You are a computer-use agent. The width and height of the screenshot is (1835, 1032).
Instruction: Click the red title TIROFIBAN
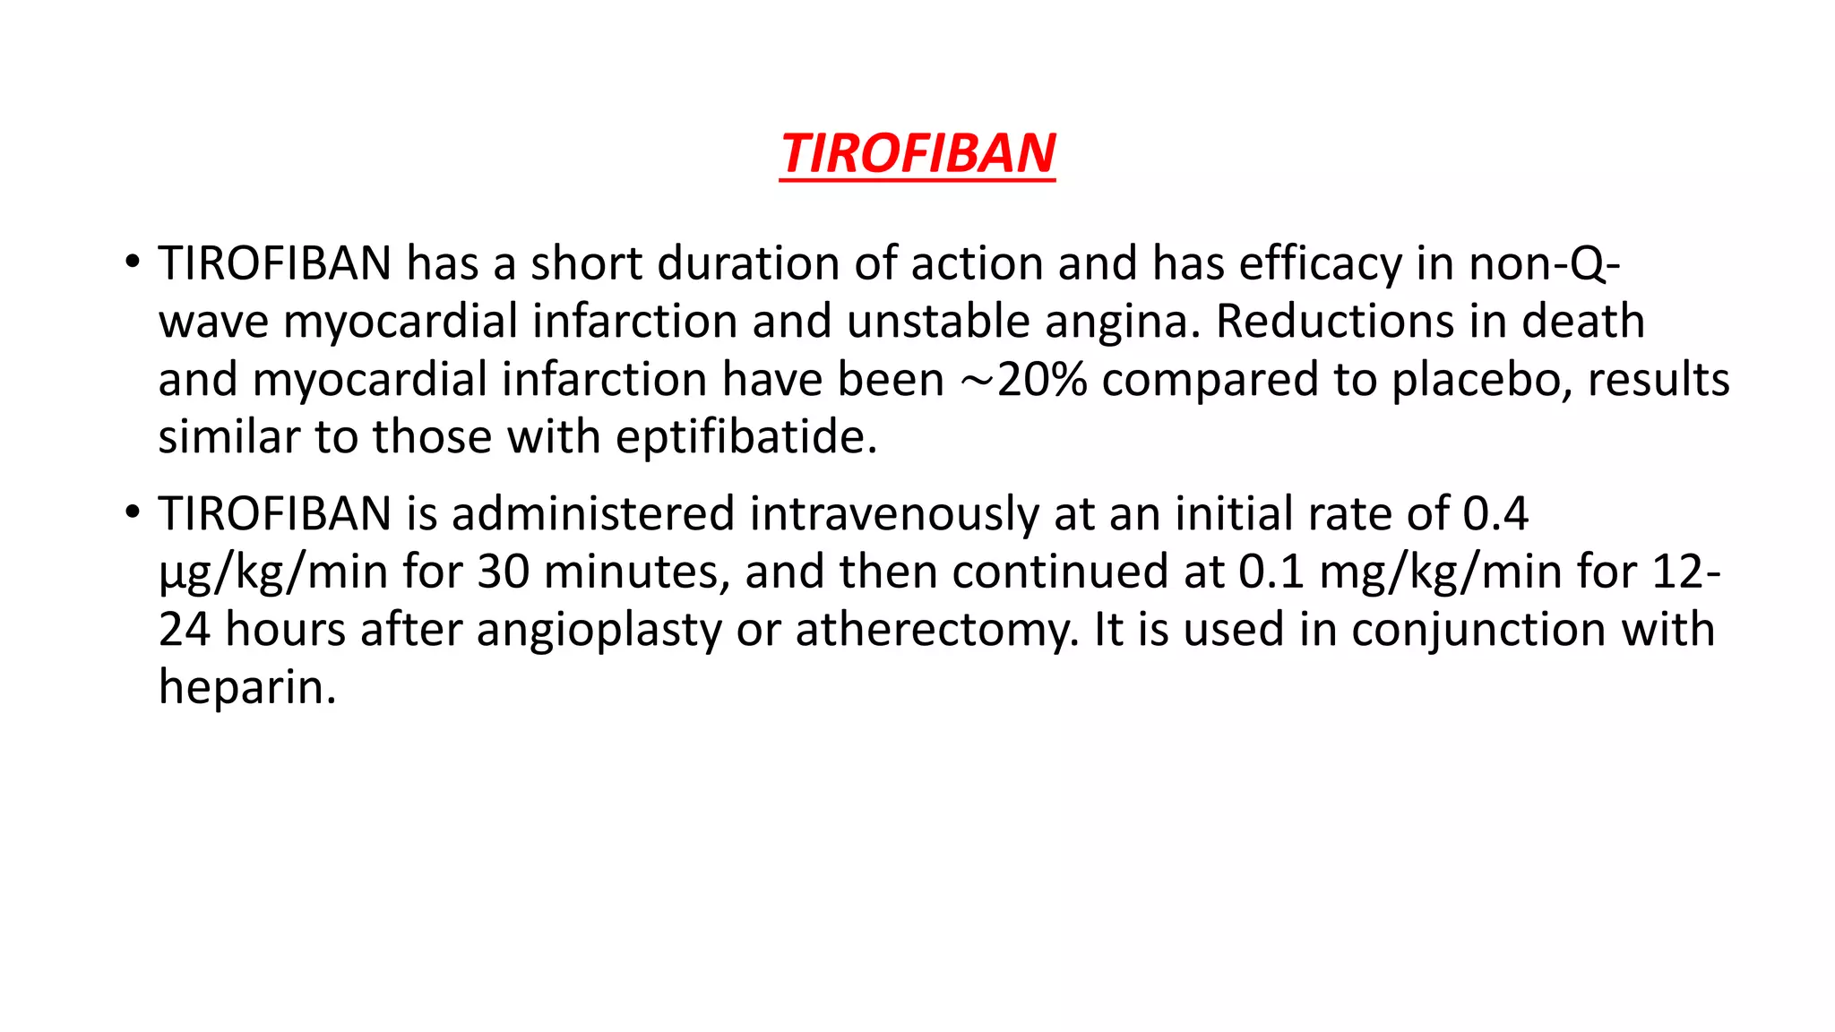(917, 153)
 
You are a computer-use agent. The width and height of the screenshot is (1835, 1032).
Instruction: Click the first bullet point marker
(133, 262)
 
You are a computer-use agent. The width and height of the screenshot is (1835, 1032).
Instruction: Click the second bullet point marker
(133, 513)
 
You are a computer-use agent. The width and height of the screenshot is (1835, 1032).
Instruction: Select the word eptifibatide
(745, 438)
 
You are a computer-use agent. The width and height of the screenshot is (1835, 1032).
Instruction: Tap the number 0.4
(1495, 514)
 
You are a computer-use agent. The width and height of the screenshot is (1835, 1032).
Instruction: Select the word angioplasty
(599, 631)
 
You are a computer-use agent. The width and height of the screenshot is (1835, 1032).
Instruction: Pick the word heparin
(247, 688)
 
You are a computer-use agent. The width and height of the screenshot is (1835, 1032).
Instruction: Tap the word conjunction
(1479, 631)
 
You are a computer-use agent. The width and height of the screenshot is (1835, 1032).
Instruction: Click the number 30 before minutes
(503, 572)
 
